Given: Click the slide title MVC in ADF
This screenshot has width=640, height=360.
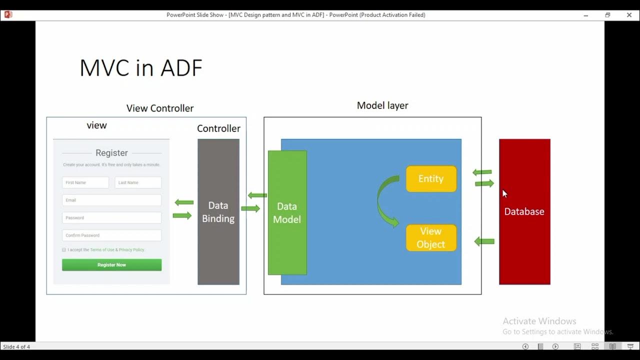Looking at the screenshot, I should (141, 67).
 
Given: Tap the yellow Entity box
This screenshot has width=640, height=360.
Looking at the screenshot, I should (431, 179).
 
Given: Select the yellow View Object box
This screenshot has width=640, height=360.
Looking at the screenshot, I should (431, 238).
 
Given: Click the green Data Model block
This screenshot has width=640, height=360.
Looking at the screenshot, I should (287, 212).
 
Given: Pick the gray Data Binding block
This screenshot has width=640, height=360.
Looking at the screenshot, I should (218, 212).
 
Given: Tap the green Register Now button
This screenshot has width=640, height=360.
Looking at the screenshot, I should (111, 265).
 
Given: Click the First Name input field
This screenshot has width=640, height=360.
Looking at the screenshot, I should (85, 182).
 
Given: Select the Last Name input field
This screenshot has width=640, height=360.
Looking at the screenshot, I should (138, 182).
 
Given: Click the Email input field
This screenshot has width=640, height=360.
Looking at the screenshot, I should (111, 200).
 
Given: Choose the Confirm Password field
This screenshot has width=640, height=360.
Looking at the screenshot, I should (111, 235).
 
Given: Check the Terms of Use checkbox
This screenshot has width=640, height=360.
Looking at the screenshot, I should (64, 250).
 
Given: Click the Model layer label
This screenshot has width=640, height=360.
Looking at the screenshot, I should (382, 105).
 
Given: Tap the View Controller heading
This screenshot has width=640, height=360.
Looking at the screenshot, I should (160, 108).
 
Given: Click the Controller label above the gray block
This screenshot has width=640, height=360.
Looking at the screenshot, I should (218, 128).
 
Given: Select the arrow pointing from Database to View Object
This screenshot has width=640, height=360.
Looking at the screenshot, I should (484, 241).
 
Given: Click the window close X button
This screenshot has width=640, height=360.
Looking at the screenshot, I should (629, 15).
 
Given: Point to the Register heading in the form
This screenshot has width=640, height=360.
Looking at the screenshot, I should (111, 153).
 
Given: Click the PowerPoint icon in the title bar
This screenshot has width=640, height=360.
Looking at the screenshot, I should (7, 14).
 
